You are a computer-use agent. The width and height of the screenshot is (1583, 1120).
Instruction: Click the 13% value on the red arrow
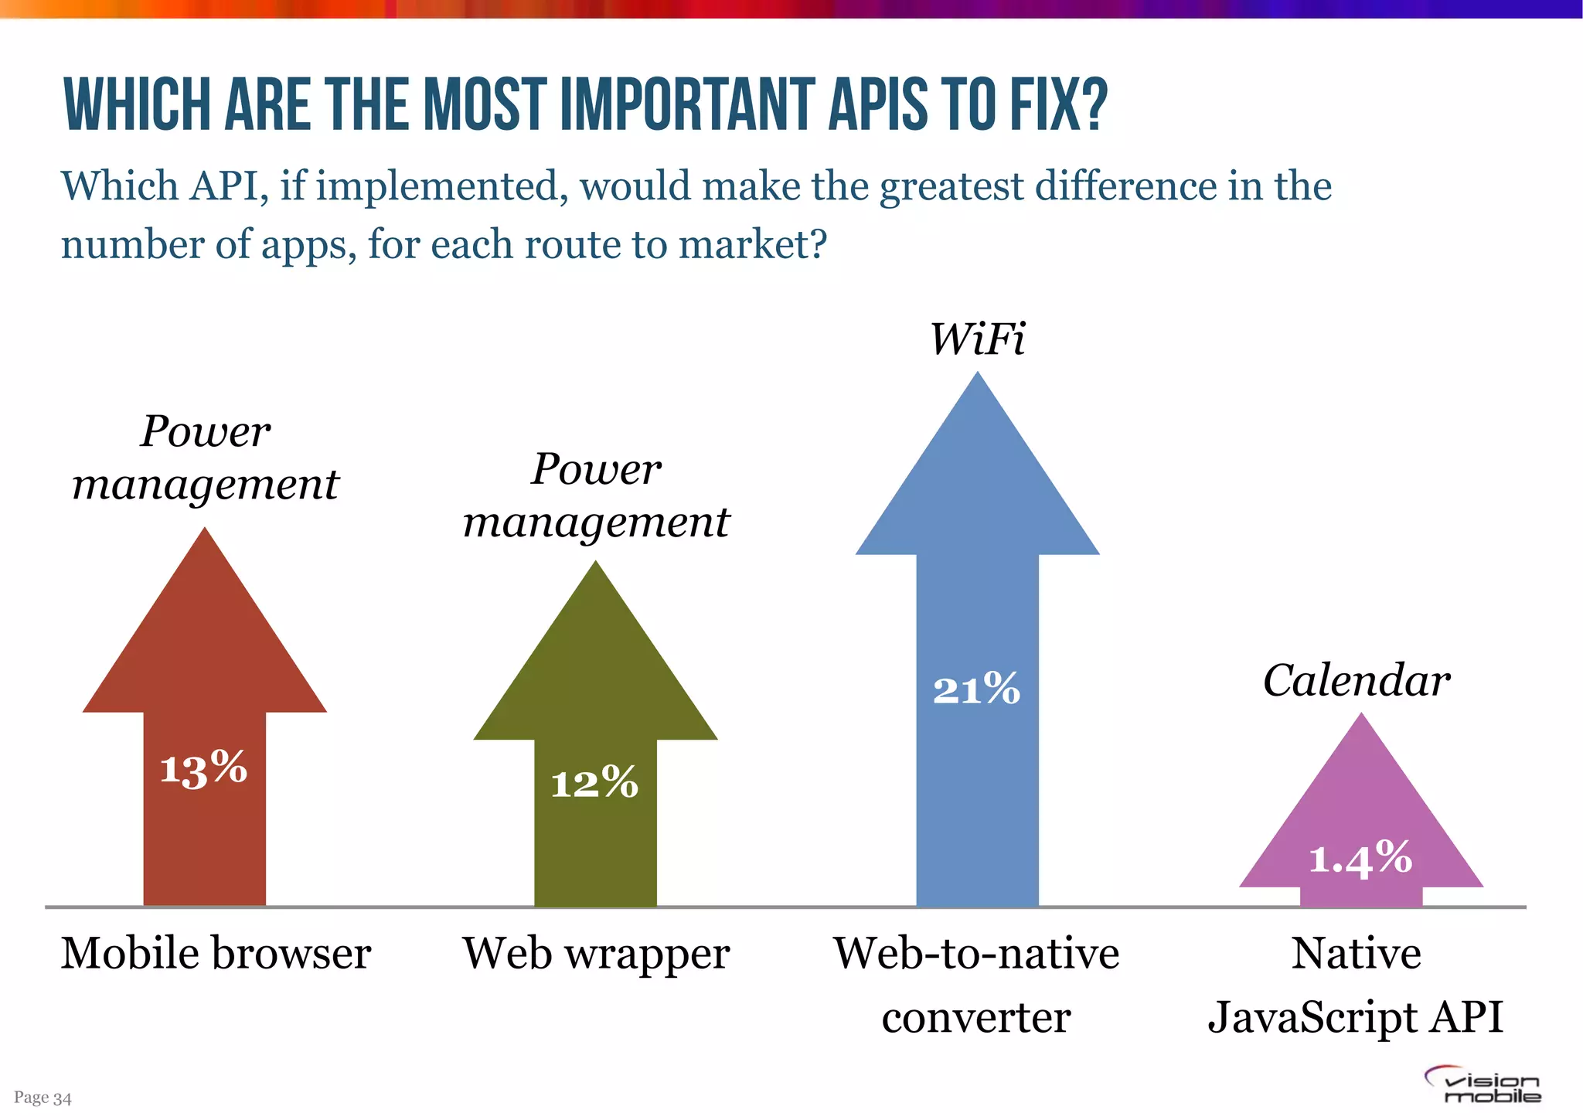[x=203, y=769]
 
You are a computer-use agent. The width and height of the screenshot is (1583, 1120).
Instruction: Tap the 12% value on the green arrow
[x=594, y=782]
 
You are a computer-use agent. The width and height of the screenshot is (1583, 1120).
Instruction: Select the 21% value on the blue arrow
[x=976, y=689]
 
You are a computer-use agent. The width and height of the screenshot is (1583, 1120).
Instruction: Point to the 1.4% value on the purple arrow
[x=1360, y=858]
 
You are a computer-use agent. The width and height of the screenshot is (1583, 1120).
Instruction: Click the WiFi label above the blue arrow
[x=977, y=339]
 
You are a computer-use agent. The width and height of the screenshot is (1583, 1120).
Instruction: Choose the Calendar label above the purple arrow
[x=1357, y=681]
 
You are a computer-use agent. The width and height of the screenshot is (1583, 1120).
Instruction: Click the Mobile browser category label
[x=216, y=953]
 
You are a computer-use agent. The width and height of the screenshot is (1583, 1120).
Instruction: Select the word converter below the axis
[x=975, y=1017]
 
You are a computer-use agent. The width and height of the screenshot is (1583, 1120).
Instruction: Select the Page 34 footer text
[x=43, y=1098]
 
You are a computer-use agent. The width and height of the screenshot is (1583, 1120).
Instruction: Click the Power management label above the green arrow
[x=596, y=495]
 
